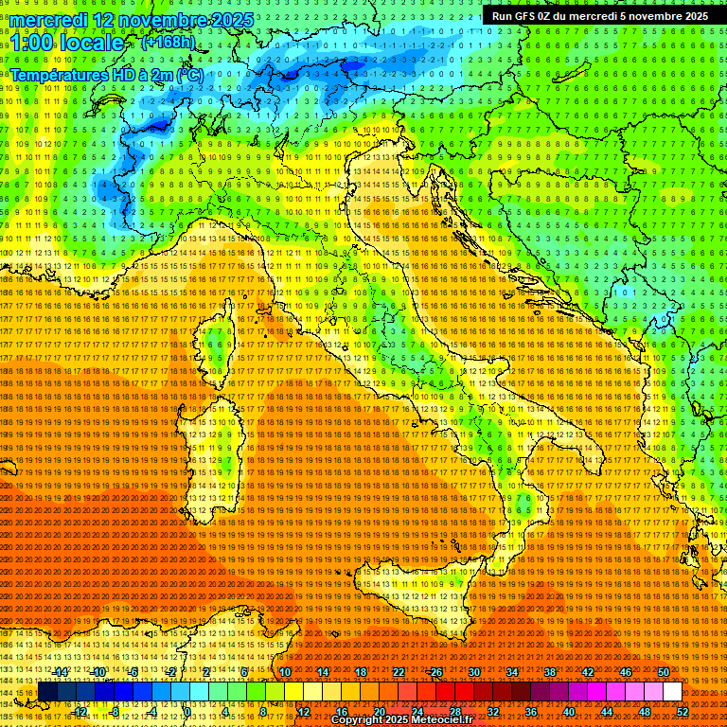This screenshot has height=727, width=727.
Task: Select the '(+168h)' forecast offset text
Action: tap(168, 43)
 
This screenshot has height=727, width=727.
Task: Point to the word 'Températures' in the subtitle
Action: tap(59, 74)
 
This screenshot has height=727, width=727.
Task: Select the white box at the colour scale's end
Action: tap(672, 692)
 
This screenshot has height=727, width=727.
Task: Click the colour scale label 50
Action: tap(664, 672)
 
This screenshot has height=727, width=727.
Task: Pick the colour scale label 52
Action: tap(682, 712)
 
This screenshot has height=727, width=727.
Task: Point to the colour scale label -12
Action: tap(80, 712)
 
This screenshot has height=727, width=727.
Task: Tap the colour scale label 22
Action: tap(399, 672)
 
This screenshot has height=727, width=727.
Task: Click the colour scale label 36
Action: tap(531, 712)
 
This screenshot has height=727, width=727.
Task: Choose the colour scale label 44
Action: tap(607, 712)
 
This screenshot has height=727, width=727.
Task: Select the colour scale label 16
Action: tap(342, 712)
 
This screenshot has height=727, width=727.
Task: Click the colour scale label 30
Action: tap(474, 672)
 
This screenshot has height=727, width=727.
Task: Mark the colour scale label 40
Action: tap(569, 712)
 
